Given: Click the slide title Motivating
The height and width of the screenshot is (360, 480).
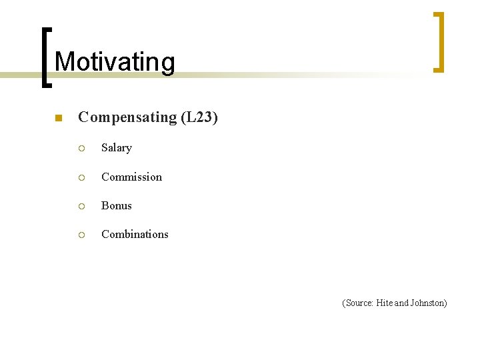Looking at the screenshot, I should click(x=115, y=62).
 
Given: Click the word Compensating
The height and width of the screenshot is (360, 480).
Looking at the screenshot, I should click(x=127, y=117).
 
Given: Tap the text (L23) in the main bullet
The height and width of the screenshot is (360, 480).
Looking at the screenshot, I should click(x=199, y=117).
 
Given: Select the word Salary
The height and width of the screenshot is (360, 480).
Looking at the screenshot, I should click(x=117, y=148).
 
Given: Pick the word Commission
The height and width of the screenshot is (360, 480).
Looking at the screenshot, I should click(x=131, y=177).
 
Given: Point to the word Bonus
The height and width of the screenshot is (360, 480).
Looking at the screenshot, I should click(x=117, y=205).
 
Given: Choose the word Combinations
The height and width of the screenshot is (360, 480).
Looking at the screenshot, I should click(x=135, y=234).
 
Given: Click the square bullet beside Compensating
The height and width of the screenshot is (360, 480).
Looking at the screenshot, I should click(x=58, y=119).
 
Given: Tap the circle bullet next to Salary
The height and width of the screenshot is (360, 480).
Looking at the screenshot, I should click(x=81, y=149).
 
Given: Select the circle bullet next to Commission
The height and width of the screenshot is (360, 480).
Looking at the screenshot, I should click(x=81, y=177).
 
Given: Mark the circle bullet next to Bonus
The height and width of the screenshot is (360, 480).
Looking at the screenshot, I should click(x=81, y=206).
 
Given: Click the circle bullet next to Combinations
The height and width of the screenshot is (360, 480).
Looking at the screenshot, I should click(x=81, y=235).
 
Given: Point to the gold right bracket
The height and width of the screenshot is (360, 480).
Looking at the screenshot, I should click(x=439, y=41).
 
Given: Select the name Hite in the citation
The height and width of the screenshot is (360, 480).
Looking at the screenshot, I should click(x=385, y=303).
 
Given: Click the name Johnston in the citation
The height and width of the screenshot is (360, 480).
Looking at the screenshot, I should click(x=429, y=303).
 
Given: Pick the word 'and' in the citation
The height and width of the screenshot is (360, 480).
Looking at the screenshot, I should click(x=402, y=303).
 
